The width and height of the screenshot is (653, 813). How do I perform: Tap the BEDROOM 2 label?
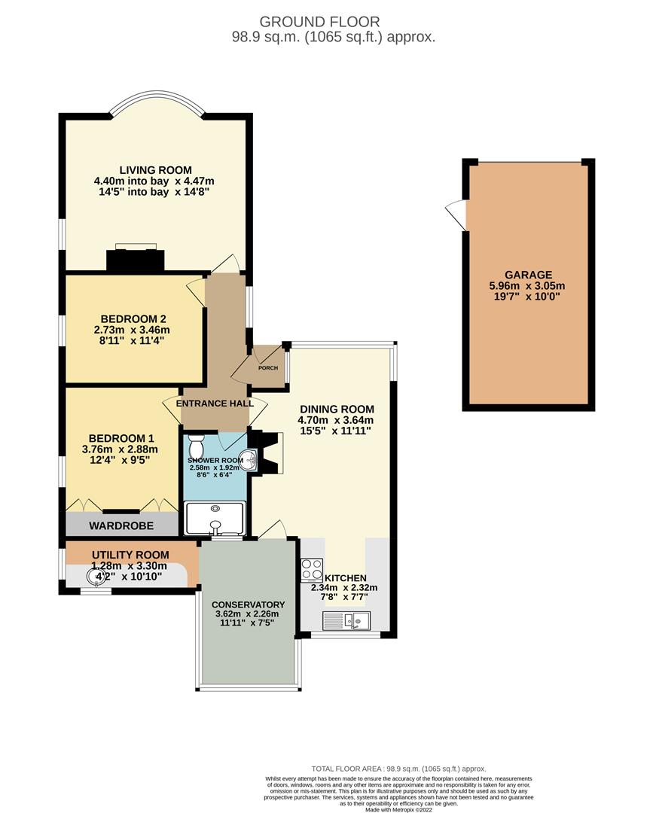click(x=131, y=318)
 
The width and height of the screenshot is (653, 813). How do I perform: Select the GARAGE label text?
click(x=528, y=275)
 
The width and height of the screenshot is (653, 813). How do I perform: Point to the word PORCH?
click(x=268, y=368)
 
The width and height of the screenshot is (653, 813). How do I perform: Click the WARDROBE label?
click(x=121, y=525)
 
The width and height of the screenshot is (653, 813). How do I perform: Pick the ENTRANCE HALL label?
click(x=214, y=403)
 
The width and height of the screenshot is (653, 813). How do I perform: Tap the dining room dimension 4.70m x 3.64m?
click(x=337, y=420)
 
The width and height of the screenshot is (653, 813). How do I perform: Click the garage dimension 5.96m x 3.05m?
click(x=528, y=285)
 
